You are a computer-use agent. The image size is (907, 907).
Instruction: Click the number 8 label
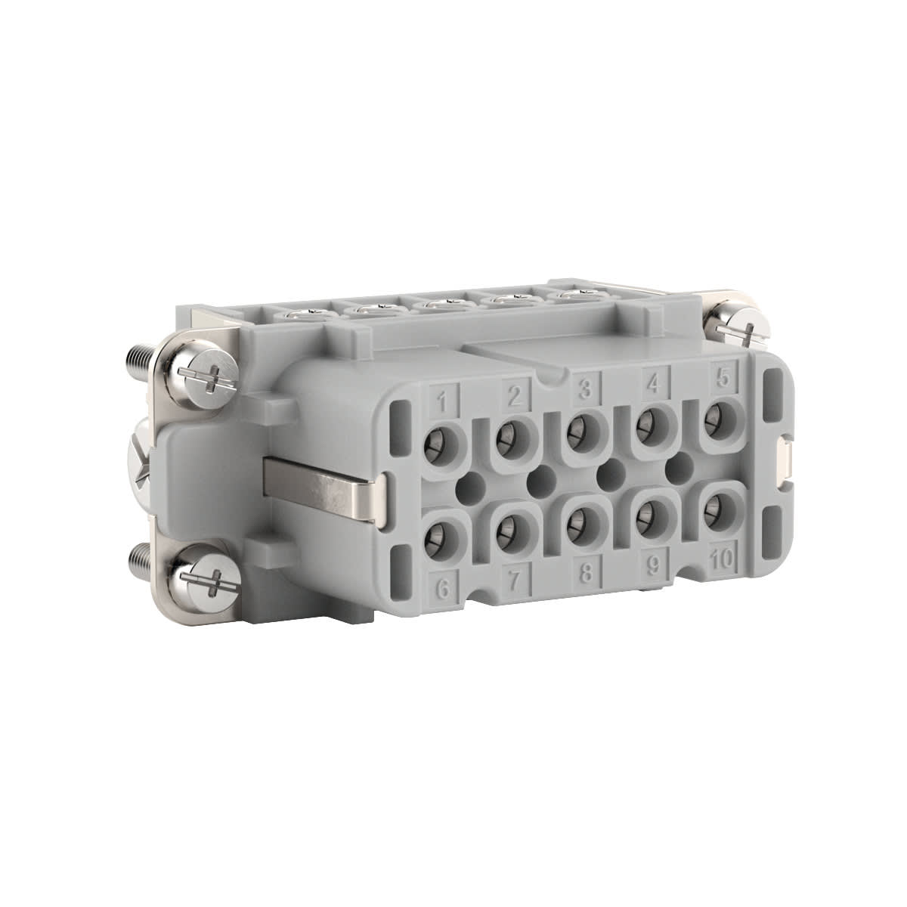tap(585, 573)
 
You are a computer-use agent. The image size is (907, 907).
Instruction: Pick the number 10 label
tap(723, 560)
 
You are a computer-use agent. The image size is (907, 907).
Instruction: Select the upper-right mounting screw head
tap(731, 325)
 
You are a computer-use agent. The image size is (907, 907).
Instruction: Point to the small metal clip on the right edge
tap(785, 460)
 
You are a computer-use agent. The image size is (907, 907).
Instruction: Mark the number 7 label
tap(515, 580)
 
